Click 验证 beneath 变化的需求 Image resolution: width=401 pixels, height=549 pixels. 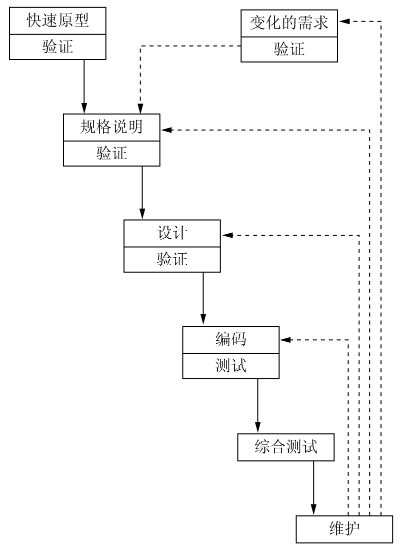(x=289, y=49)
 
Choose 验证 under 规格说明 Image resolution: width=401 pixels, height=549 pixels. (x=111, y=153)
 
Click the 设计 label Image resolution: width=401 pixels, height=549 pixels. (x=172, y=234)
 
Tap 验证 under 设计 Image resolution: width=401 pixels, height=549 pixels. (x=172, y=260)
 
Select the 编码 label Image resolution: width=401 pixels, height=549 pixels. (x=230, y=339)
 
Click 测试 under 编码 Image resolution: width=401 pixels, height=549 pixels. (x=230, y=366)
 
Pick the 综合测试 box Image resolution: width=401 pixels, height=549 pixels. (x=285, y=447)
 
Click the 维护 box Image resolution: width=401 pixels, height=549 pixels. (x=345, y=529)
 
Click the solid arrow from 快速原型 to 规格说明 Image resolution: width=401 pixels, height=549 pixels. (x=84, y=85)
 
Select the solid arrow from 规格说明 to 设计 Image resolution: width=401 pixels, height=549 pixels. (x=142, y=193)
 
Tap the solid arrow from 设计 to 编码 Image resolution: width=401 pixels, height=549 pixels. (x=203, y=299)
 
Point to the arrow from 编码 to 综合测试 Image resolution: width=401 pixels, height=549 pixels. (x=257, y=405)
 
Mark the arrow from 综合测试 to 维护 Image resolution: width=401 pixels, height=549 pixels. (x=313, y=488)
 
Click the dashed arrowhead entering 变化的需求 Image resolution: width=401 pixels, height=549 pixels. (x=343, y=21)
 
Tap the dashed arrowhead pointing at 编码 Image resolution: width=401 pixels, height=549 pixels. (x=285, y=340)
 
